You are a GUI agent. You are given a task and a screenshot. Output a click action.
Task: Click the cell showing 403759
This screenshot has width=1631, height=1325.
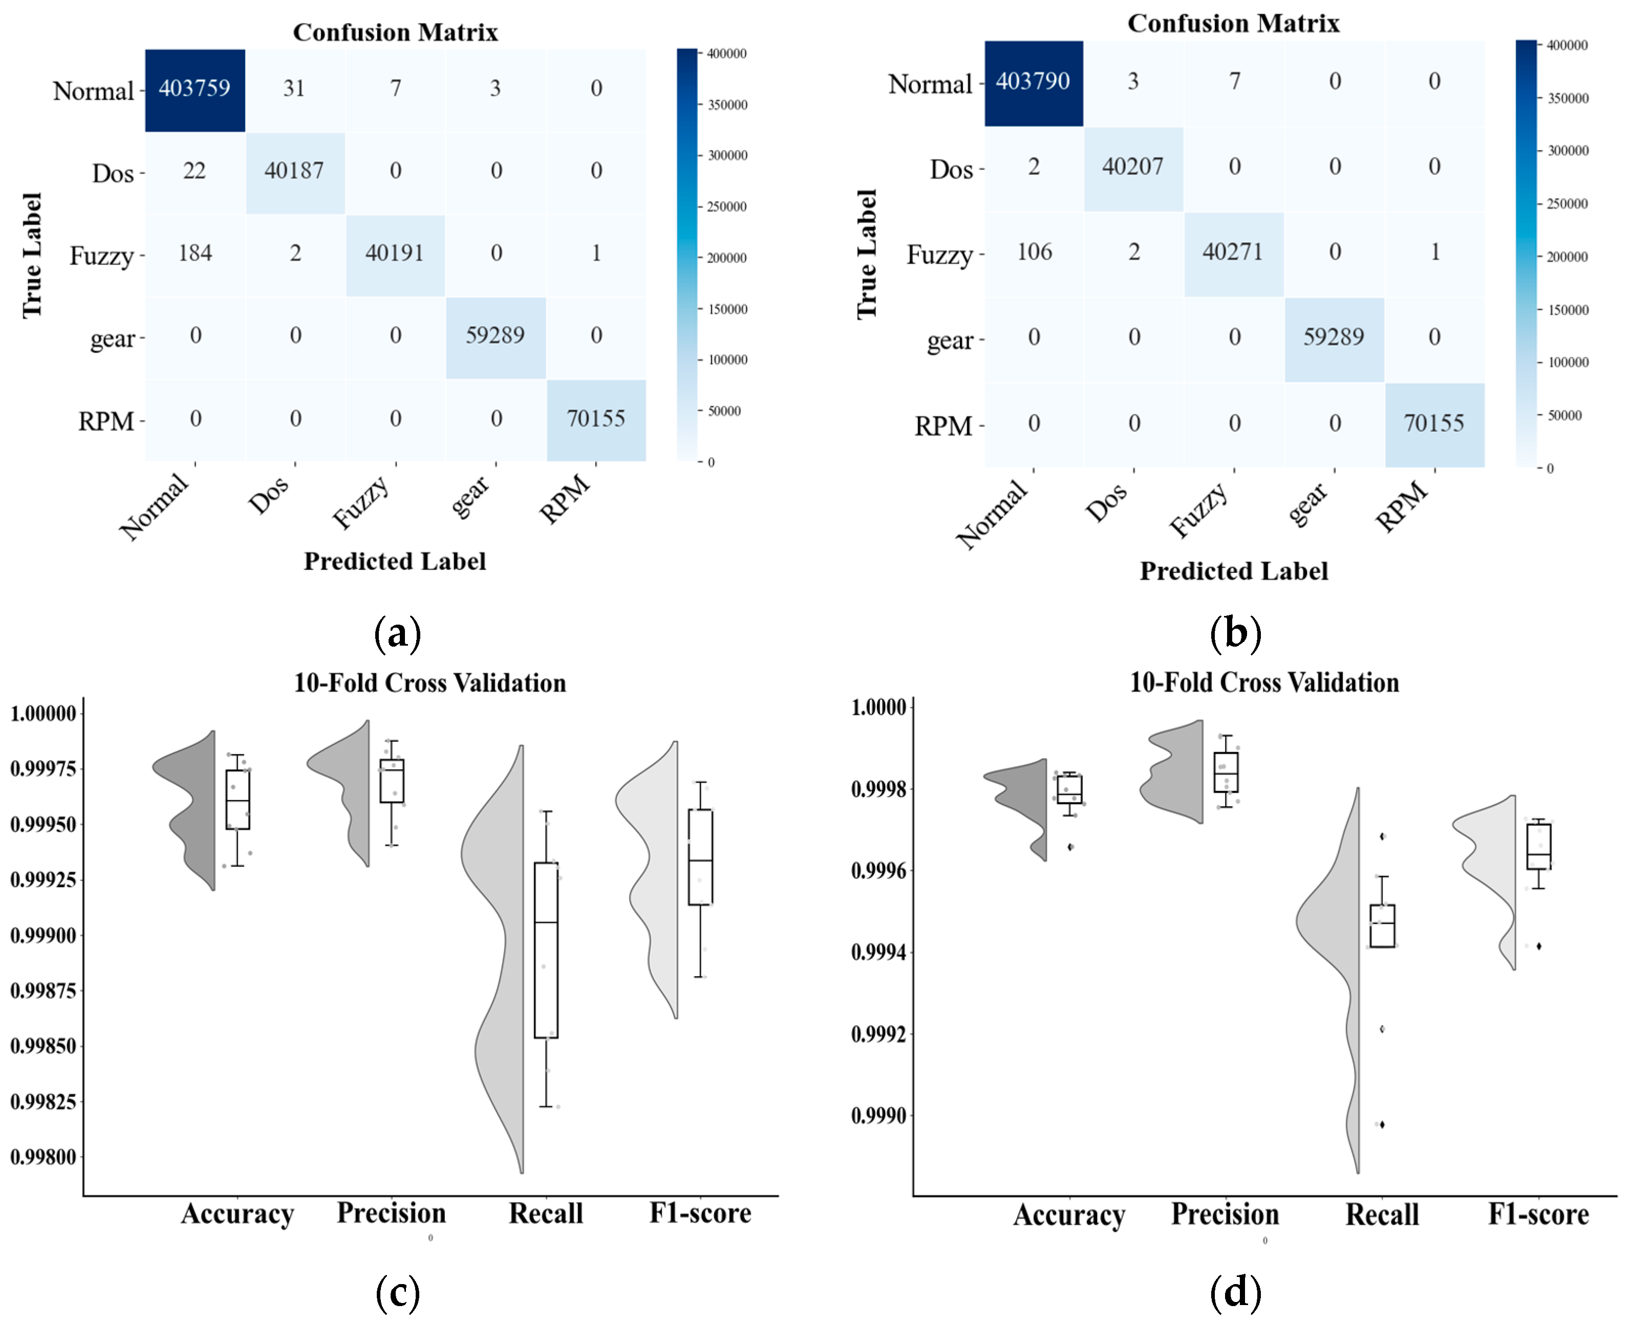195,89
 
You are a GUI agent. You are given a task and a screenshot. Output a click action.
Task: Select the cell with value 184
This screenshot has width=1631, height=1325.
195,253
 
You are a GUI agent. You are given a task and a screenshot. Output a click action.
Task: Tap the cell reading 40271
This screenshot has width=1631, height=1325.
1233,252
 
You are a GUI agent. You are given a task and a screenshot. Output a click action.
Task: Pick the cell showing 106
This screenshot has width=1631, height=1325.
1034,252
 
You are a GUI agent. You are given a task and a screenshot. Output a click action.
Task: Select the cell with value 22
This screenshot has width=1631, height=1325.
195,171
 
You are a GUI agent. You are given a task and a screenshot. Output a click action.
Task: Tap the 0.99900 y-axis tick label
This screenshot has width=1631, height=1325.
44,936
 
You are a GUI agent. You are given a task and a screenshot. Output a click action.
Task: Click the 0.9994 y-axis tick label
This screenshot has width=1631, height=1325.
879,953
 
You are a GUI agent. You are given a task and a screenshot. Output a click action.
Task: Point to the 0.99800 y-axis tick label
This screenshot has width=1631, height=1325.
44,1158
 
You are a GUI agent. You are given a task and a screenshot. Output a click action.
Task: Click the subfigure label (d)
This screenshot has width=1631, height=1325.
1235,1293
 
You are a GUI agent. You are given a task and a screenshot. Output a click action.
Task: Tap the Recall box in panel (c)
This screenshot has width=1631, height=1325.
546,950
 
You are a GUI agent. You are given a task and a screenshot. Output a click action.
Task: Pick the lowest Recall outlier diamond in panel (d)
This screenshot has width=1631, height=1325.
1382,1124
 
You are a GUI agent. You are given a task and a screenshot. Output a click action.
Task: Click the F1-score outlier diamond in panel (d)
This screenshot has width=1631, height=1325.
1539,946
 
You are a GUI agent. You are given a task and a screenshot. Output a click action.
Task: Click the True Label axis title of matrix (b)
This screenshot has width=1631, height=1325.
867,254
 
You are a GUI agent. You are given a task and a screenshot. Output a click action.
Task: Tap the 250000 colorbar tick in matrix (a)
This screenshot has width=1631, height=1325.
727,207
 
